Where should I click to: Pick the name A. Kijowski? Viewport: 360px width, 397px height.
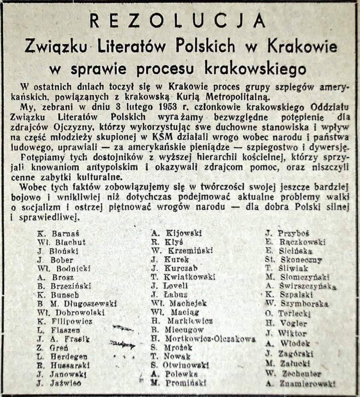[176, 233]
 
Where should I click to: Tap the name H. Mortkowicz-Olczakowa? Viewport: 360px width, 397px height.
[203, 339]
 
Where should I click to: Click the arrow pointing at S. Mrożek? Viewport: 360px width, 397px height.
[123, 343]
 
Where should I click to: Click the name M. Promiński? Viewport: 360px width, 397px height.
[179, 383]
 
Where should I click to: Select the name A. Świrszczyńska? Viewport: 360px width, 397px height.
[301, 286]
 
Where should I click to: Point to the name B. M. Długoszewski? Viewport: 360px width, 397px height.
[76, 304]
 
